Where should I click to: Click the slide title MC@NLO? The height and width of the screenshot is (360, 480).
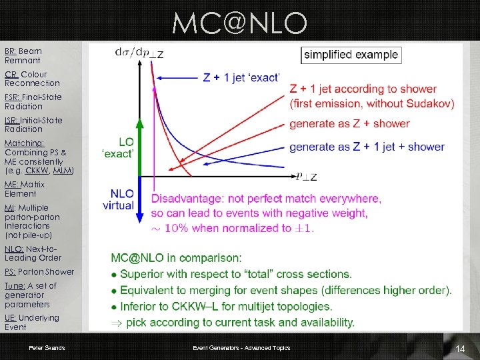(x=239, y=24)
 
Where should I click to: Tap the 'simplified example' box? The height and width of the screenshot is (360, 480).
(x=351, y=55)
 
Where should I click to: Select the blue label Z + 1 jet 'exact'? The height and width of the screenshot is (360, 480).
(x=241, y=78)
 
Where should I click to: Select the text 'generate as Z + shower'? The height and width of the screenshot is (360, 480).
(x=349, y=123)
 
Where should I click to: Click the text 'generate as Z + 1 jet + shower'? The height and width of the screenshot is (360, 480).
(x=367, y=147)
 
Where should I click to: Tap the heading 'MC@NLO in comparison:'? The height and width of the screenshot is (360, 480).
(x=176, y=257)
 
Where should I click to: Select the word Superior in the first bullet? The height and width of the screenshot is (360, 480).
(x=143, y=273)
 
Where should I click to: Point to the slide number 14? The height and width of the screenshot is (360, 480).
(x=459, y=349)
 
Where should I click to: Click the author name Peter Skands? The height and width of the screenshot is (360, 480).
(x=46, y=348)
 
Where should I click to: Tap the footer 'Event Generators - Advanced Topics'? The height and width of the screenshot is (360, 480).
(x=241, y=348)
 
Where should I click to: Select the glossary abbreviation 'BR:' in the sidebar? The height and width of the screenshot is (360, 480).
(x=11, y=51)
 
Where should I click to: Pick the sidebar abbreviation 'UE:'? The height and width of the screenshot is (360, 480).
(x=11, y=318)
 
